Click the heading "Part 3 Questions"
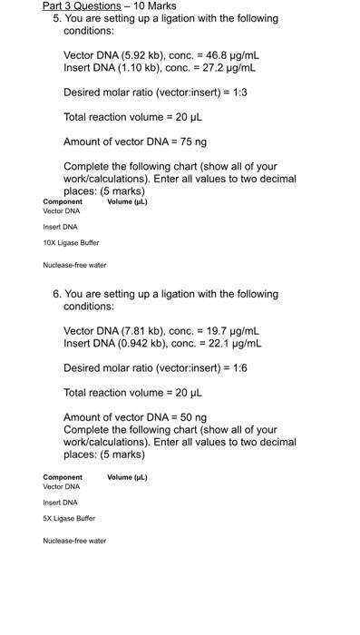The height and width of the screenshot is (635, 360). coord(82,6)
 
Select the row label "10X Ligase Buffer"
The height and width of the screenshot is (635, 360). coord(71,243)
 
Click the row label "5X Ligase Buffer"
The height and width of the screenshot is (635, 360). coord(69,519)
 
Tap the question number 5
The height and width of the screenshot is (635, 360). coord(56,18)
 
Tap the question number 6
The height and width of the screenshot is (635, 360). coord(56,294)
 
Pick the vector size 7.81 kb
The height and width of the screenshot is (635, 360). coord(133,331)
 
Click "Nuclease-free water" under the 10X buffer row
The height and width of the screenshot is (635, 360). coord(74,266)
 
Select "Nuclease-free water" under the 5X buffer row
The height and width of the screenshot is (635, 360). coord(74,542)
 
